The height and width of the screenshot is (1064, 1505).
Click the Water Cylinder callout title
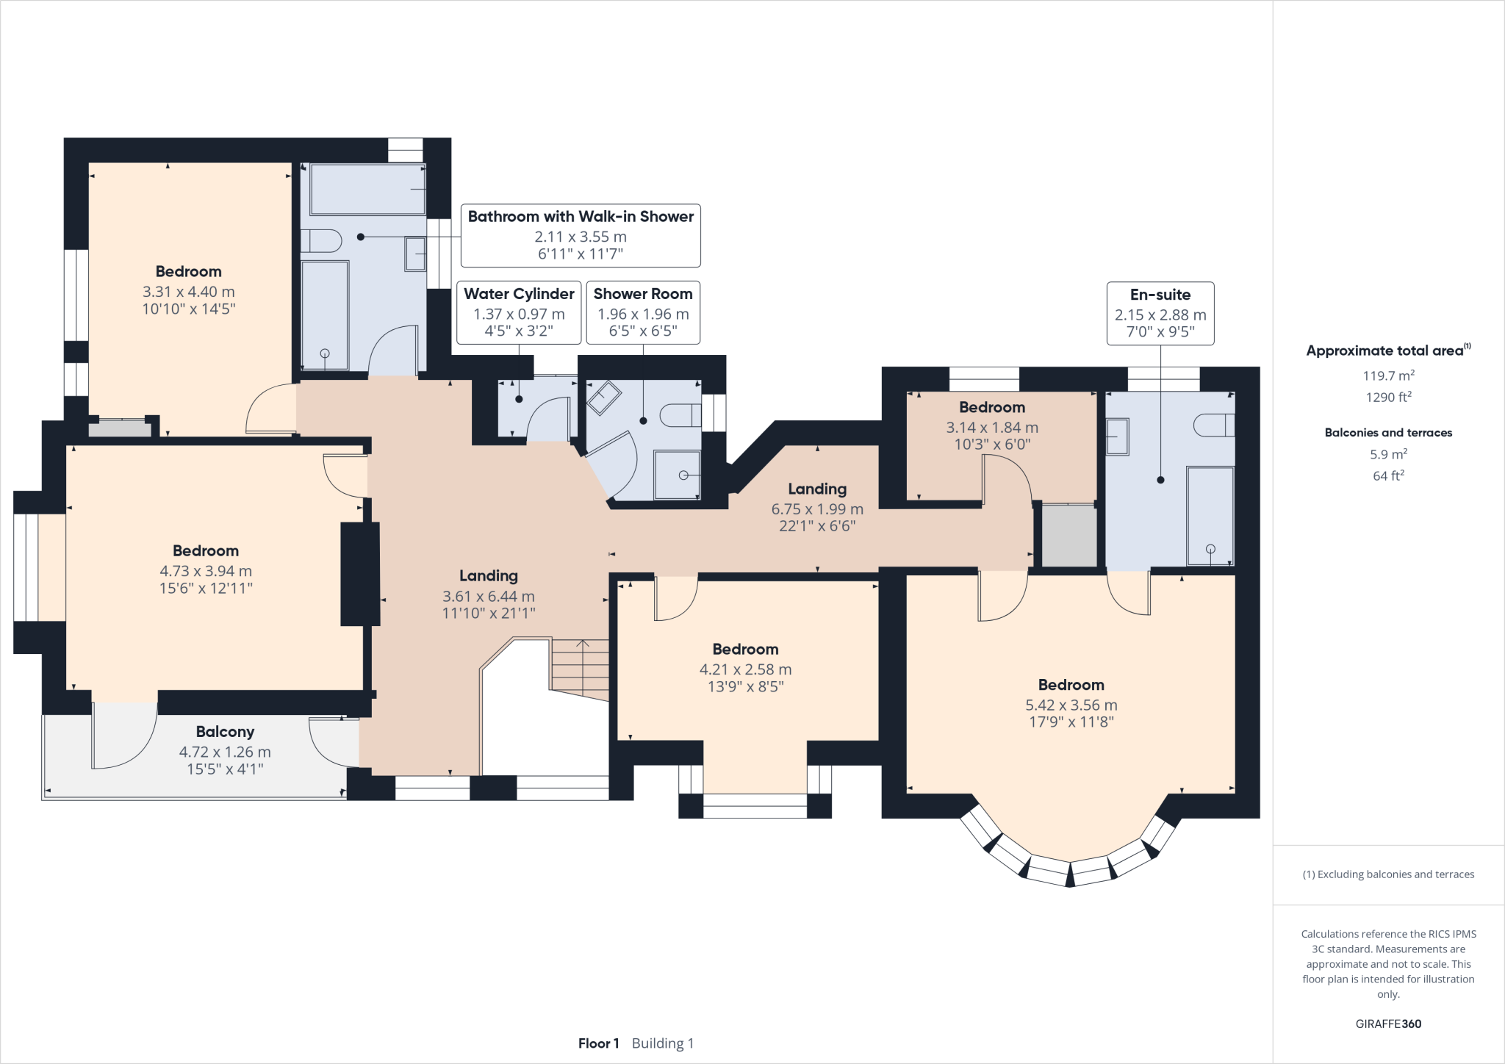click(x=519, y=294)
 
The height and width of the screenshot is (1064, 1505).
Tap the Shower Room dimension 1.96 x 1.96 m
click(x=643, y=314)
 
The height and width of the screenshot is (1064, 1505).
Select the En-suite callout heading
click(x=1160, y=295)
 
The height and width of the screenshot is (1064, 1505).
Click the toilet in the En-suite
click(x=1213, y=425)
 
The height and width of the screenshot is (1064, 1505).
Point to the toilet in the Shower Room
click(x=680, y=416)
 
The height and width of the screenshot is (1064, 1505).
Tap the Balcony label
click(x=225, y=732)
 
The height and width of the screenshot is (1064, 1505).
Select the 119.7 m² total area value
click(x=1388, y=375)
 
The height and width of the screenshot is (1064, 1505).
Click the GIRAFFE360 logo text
click(x=1388, y=1024)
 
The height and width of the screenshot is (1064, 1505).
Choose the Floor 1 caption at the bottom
click(x=598, y=1043)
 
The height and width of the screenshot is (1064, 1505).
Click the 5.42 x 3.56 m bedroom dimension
click(x=1071, y=705)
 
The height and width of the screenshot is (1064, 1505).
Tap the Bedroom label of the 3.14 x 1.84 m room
click(x=991, y=407)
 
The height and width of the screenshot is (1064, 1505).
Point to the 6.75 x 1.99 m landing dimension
click(x=817, y=509)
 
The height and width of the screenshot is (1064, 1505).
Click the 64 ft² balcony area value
click(x=1388, y=476)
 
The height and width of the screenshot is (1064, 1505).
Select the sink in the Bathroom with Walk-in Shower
click(x=415, y=254)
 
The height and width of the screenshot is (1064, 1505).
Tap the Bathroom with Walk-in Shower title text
click(x=581, y=217)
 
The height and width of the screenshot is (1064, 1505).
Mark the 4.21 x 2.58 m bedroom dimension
click(x=745, y=669)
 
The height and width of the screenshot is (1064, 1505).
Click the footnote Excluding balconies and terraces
click(x=1388, y=874)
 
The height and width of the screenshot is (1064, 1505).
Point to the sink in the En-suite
click(x=1117, y=436)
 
